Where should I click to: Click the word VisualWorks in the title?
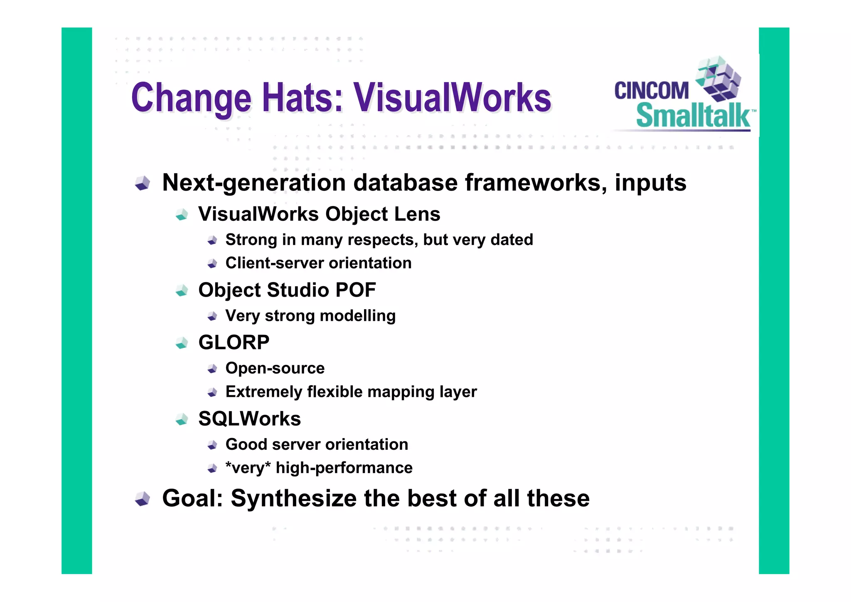pos(452,98)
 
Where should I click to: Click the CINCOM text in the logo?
pos(651,91)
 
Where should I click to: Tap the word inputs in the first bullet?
pos(650,183)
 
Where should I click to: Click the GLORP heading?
pos(234,342)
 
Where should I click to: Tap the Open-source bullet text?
pos(275,369)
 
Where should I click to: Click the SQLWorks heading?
pos(249,419)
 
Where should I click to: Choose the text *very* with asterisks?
pos(248,468)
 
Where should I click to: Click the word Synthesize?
pos(293,498)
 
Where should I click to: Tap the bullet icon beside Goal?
pos(143,498)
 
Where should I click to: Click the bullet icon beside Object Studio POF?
pos(182,290)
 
